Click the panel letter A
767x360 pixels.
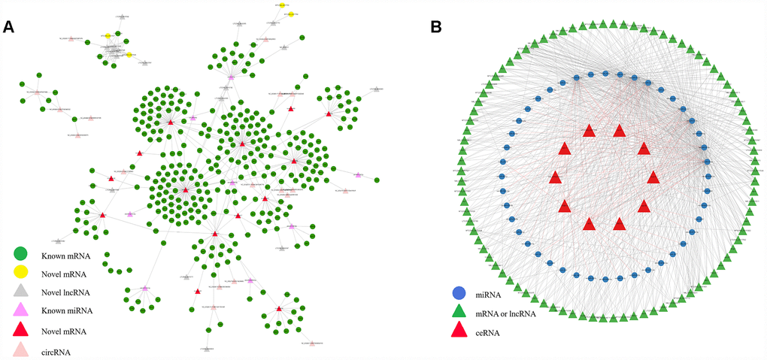click(x=9, y=27)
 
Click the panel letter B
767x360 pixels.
click(x=436, y=27)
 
